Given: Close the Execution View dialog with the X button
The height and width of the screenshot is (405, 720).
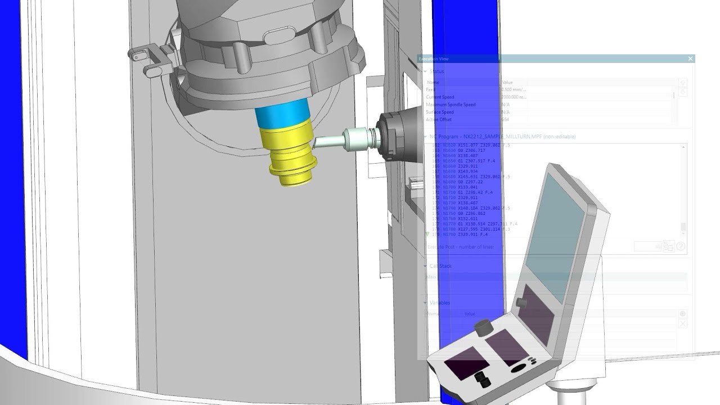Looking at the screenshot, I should coord(690,59).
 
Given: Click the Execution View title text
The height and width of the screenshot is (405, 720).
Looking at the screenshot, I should coord(434,59).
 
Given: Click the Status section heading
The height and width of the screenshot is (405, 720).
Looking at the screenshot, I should coord(436,71).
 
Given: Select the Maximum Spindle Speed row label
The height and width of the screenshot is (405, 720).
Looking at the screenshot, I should coord(451,105).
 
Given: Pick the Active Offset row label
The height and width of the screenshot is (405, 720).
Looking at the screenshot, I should coord(439,120).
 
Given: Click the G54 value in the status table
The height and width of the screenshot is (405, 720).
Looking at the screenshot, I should coord(506,120).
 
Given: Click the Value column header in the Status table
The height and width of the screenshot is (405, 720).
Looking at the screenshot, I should coord(507,83).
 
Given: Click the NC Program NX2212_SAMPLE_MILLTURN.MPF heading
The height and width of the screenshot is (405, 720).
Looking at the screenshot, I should coord(502,137).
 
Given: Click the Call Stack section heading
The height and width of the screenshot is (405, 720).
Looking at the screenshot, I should coord(440,266).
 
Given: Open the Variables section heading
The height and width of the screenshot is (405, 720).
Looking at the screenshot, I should coord(440,303).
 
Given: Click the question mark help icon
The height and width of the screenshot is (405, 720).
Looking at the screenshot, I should coord(681,246).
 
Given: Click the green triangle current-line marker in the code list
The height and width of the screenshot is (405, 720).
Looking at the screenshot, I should coord(427,234).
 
